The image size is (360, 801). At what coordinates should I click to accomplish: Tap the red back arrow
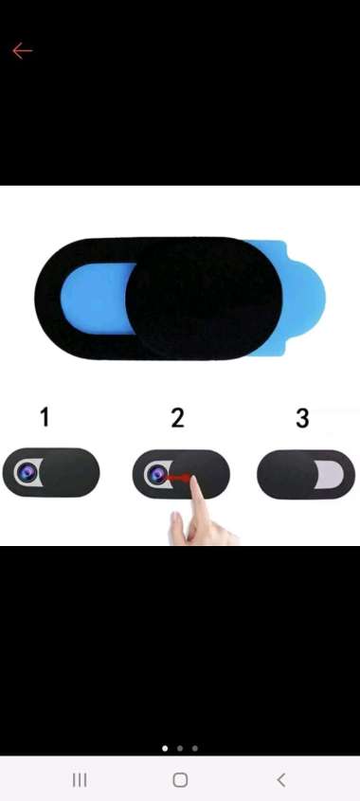pyautogui.click(x=22, y=51)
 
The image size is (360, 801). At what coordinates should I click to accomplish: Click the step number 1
pyautogui.click(x=45, y=417)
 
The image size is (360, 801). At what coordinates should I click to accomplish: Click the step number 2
pyautogui.click(x=177, y=418)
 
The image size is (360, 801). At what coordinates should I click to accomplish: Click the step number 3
pyautogui.click(x=302, y=418)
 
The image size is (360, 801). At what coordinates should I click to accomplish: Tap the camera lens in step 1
pyautogui.click(x=26, y=472)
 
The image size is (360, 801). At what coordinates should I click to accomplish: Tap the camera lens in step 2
pyautogui.click(x=156, y=475)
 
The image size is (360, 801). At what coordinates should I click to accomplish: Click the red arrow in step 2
pyautogui.click(x=179, y=478)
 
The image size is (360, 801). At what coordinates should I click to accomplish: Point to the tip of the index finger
pyautogui.click(x=195, y=479)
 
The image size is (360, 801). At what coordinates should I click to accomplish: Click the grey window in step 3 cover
pyautogui.click(x=329, y=475)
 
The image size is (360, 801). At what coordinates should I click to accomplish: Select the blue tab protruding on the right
pyautogui.click(x=303, y=298)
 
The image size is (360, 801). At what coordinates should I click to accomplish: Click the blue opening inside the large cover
pyautogui.click(x=98, y=299)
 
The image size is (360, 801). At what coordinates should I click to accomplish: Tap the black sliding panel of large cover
pyautogui.click(x=204, y=299)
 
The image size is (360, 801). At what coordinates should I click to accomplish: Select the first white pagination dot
pyautogui.click(x=165, y=748)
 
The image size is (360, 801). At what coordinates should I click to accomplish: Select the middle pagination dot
pyautogui.click(x=180, y=748)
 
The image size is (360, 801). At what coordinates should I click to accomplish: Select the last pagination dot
pyautogui.click(x=195, y=748)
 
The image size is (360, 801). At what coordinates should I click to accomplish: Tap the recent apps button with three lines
pyautogui.click(x=80, y=780)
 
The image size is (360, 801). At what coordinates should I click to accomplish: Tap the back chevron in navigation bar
pyautogui.click(x=280, y=780)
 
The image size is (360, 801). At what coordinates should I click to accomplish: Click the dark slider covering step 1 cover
pyautogui.click(x=70, y=472)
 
